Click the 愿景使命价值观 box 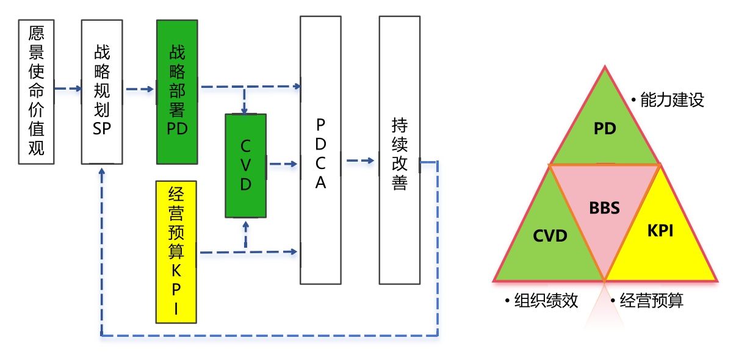tap(37, 92)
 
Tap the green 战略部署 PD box tap(177, 92)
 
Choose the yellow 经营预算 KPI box tap(176, 251)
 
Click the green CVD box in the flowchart tap(245, 165)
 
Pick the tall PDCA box tap(320, 150)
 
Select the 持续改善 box tap(399, 150)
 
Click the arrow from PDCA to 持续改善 tap(360, 161)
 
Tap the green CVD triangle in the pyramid tap(550, 236)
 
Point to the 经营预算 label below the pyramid tap(651, 300)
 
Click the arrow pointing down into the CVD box tap(245, 107)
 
